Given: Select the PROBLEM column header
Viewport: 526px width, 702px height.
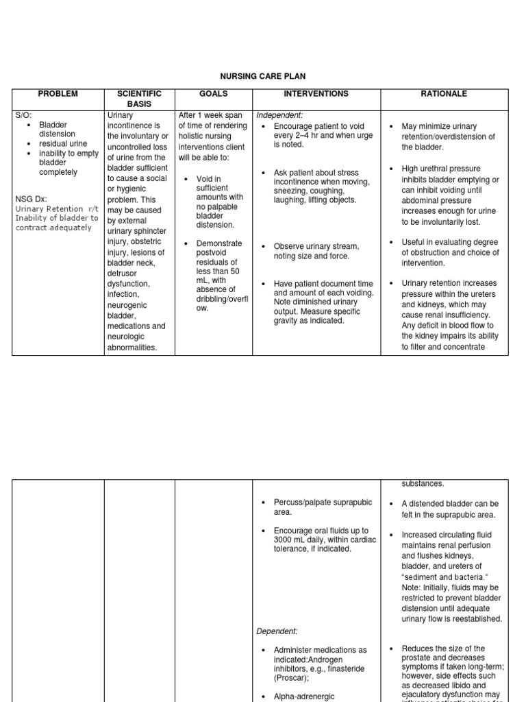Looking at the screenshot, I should coord(58,94).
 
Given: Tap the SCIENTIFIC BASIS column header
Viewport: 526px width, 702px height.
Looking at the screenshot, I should coord(139,99).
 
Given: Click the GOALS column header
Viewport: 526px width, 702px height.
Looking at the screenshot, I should coord(213,94).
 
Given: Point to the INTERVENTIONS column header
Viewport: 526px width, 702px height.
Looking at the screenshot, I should coord(316,94).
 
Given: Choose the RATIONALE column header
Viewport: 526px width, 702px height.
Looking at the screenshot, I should coord(444,94).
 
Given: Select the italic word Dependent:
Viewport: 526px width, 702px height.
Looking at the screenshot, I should coord(277,631).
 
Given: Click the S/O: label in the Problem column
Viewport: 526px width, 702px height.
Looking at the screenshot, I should coord(23,115).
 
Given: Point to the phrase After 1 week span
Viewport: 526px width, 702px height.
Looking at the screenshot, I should coord(210,115).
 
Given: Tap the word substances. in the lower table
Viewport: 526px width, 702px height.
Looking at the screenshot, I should coord(423,484).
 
